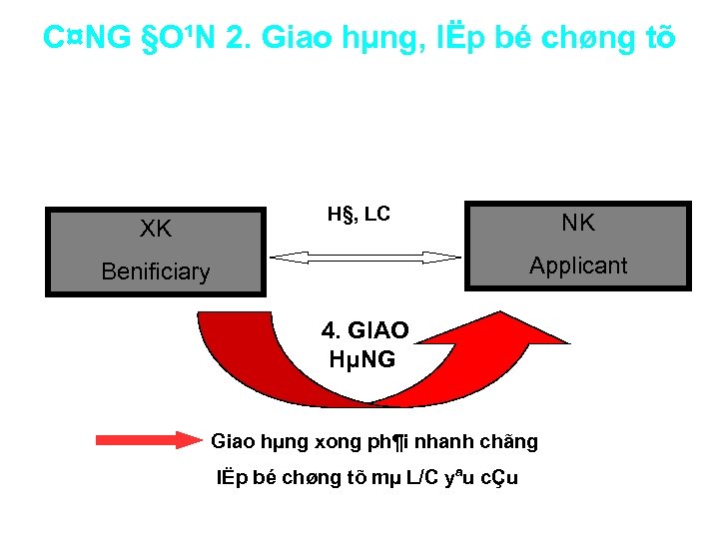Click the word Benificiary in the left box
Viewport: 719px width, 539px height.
156,271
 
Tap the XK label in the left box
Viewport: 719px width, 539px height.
156,229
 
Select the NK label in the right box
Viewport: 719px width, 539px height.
578,223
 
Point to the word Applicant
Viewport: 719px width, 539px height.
578,266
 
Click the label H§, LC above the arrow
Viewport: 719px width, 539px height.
359,214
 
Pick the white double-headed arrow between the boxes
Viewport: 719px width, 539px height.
369,258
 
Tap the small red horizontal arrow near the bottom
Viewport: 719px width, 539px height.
148,440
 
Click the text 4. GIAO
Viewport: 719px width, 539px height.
364,330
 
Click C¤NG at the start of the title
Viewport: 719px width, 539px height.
87,38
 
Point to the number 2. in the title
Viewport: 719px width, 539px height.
239,38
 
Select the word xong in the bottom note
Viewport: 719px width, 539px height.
339,441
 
